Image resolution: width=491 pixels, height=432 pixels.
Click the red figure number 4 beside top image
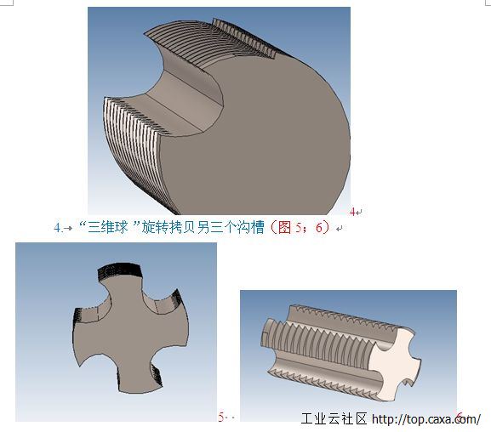[x=352, y=212]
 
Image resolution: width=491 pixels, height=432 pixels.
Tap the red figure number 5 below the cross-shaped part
[x=221, y=417]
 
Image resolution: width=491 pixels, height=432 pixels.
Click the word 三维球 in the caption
[x=107, y=227]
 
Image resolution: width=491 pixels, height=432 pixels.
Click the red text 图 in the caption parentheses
[x=284, y=227]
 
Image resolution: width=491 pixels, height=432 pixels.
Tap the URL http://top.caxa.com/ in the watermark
[x=426, y=419]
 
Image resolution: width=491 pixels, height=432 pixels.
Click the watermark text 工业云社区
[x=334, y=418]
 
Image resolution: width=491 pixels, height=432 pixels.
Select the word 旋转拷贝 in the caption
[x=168, y=227]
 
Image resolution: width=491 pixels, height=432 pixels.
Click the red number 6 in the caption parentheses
[x=319, y=227]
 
